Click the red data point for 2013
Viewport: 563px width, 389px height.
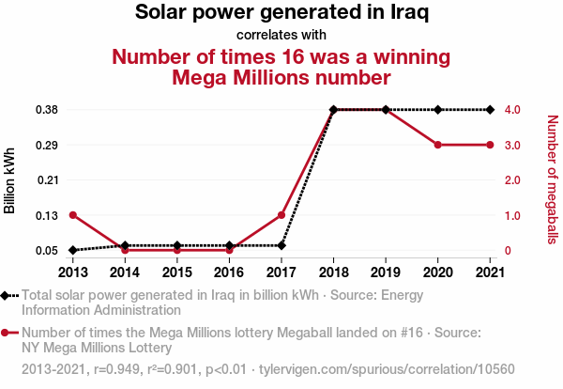(x=72, y=215)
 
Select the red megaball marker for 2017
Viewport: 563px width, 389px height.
(x=281, y=215)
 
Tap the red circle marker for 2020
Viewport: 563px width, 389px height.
(x=438, y=145)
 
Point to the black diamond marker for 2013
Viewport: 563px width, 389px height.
(x=72, y=250)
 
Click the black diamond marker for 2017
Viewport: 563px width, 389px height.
(x=281, y=245)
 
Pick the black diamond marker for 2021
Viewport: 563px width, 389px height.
(x=490, y=110)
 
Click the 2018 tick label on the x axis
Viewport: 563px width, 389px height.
(x=333, y=272)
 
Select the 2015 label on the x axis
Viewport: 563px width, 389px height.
(x=176, y=272)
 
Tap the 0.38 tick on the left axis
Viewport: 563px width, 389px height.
(x=46, y=110)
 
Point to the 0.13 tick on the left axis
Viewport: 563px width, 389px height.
(x=46, y=215)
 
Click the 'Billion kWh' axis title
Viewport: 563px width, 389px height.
(x=10, y=180)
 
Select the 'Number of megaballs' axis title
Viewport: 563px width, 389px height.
(x=552, y=179)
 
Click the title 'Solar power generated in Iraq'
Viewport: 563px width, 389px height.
(x=281, y=13)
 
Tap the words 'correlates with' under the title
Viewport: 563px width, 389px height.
(x=281, y=36)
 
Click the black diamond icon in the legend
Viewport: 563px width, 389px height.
(x=8, y=295)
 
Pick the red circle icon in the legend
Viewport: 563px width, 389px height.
(x=8, y=333)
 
